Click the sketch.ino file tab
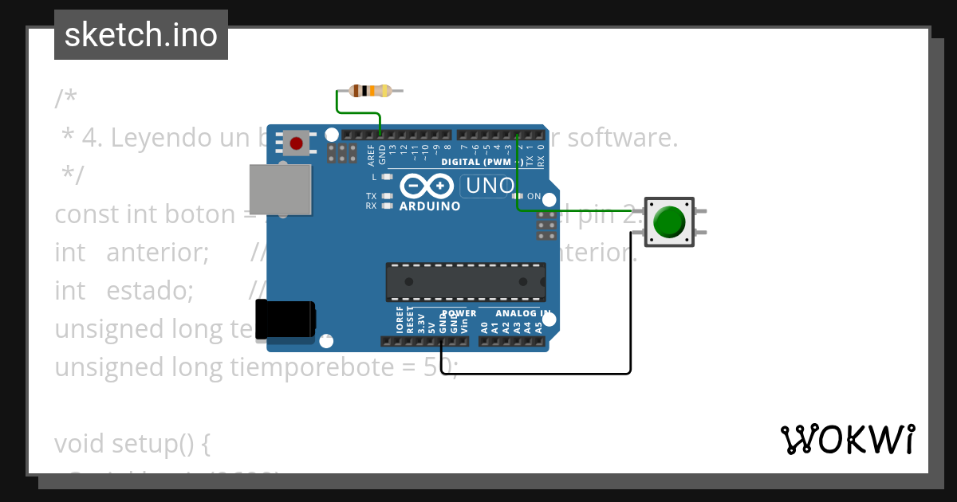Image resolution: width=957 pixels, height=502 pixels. [x=141, y=35]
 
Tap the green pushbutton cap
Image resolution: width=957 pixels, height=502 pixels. [x=668, y=222]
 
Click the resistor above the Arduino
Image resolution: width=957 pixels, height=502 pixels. [x=371, y=90]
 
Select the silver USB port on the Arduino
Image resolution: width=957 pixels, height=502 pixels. [x=280, y=190]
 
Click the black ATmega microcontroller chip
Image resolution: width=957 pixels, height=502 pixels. [x=466, y=282]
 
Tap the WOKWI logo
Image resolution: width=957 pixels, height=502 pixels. [x=848, y=440]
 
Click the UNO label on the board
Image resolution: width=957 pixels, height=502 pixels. [x=489, y=186]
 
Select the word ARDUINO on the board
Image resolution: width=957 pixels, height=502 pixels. [x=430, y=206]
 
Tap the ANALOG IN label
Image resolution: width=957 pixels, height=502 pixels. [x=522, y=313]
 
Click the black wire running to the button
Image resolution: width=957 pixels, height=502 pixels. [x=542, y=372]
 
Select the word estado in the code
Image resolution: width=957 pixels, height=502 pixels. [x=150, y=290]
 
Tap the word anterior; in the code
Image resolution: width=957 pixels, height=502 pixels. [x=157, y=253]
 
